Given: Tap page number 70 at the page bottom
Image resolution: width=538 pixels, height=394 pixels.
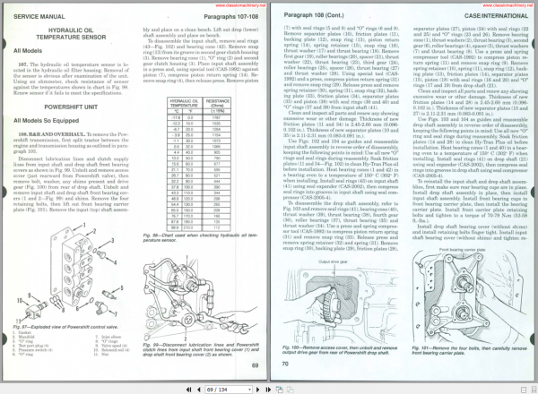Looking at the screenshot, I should [286, 364].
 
